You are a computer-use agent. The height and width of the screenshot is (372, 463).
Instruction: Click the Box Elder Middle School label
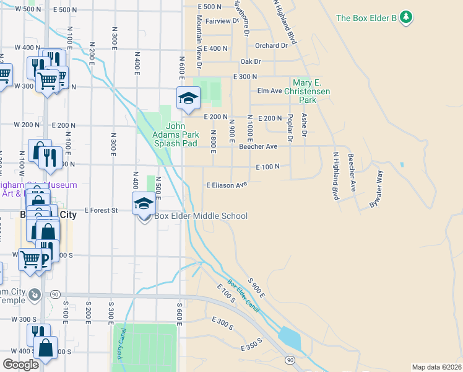click(x=201, y=216)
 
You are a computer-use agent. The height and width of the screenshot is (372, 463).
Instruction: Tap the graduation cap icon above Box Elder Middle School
click(x=144, y=203)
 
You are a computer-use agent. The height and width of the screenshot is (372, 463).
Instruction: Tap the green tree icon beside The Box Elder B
click(x=406, y=17)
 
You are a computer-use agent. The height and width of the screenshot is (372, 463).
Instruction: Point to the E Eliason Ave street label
click(x=227, y=184)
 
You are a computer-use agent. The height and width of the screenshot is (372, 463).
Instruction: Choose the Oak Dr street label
click(x=251, y=61)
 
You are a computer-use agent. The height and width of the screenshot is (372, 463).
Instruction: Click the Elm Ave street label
click(x=270, y=91)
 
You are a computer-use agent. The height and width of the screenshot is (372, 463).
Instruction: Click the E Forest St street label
click(x=101, y=211)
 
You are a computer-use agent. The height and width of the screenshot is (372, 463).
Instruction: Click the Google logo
click(x=20, y=365)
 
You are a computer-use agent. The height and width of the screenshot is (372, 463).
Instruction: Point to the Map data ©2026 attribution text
click(x=436, y=367)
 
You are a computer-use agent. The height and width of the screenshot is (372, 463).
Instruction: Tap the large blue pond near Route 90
click(x=290, y=338)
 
